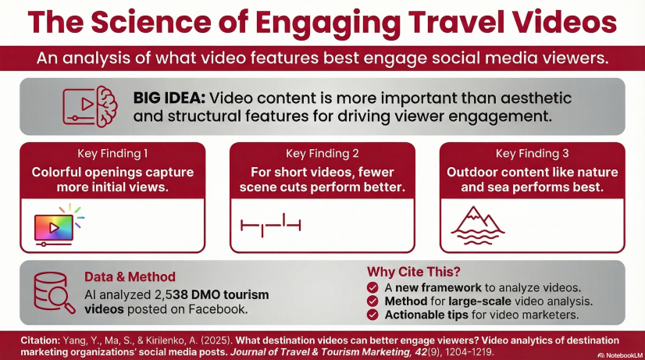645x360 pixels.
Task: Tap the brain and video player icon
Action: click(90, 106)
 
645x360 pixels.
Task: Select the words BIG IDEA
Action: click(169, 98)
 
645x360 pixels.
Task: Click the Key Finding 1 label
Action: click(112, 154)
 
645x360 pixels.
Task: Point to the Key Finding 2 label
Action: click(322, 154)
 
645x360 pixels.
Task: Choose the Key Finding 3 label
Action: click(533, 154)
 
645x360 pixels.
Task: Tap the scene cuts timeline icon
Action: click(271, 225)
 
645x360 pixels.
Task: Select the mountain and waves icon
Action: click(478, 226)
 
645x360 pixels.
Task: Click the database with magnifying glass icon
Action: click(55, 293)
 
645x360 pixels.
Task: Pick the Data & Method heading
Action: click(130, 277)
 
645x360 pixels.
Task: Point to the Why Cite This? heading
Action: click(413, 272)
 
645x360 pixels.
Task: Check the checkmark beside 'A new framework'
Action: click(372, 287)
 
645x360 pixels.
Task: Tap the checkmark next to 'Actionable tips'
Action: click(372, 315)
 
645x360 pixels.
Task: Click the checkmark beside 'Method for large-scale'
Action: click(372, 301)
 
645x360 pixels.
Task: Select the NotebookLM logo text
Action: click(620, 355)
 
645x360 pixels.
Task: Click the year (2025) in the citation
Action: click(218, 340)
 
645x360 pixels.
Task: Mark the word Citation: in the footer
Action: click(41, 340)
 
